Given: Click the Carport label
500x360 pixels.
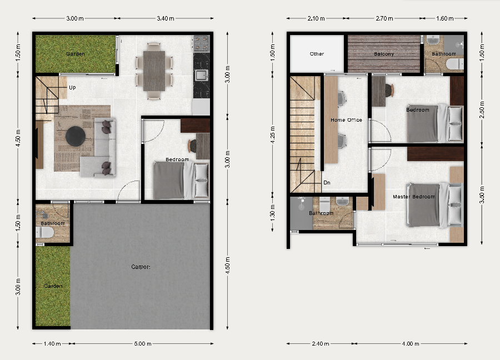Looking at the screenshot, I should click(x=141, y=267).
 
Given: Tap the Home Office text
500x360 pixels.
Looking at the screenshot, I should click(x=346, y=120).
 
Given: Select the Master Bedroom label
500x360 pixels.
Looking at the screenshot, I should click(x=414, y=197).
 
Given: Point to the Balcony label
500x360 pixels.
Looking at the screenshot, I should click(x=384, y=54).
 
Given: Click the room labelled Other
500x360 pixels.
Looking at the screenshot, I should click(x=317, y=54).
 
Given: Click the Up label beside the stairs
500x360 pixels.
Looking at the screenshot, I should click(x=72, y=88).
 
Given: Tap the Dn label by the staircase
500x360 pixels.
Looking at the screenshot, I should click(x=327, y=182).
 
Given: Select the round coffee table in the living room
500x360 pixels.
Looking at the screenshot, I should click(x=76, y=136).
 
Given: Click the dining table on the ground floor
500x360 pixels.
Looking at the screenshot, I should click(x=154, y=70).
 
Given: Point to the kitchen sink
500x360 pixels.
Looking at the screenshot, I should click(x=201, y=75).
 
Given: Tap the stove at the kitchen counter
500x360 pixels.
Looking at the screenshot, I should click(x=201, y=43).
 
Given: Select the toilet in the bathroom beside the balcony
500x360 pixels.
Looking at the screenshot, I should click(x=454, y=64).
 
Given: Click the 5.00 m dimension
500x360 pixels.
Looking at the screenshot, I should click(x=142, y=343).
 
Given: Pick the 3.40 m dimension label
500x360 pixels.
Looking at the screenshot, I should click(x=166, y=18).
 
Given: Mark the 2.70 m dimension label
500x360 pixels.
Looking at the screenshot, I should click(x=386, y=18).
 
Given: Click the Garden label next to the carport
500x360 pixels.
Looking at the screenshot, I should click(x=53, y=286).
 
